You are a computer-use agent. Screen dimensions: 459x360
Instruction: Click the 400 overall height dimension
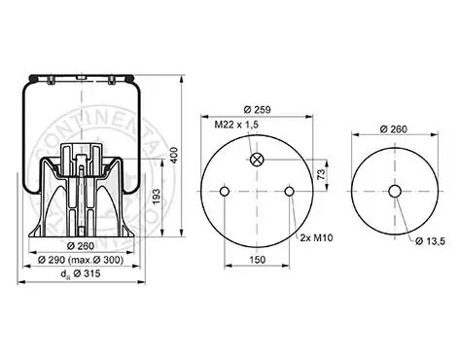pyautogui.click(x=174, y=156)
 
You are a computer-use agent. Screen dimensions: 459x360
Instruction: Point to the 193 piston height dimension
pyautogui.click(x=157, y=197)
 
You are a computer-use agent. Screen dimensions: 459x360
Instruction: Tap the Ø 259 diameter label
pyautogui.click(x=257, y=110)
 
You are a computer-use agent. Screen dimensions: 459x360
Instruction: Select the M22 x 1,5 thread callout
pyautogui.click(x=236, y=125)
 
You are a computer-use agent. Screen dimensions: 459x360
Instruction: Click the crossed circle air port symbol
pyautogui.click(x=258, y=160)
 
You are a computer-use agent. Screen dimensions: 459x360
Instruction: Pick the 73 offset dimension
pyautogui.click(x=321, y=174)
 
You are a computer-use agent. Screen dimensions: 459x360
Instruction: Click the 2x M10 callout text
pyautogui.click(x=316, y=237)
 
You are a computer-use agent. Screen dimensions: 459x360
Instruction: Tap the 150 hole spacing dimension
pyautogui.click(x=258, y=260)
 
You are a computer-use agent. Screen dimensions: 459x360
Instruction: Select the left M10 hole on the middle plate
pyautogui.click(x=225, y=192)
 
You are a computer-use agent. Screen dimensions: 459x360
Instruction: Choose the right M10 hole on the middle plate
pyautogui.click(x=289, y=192)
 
